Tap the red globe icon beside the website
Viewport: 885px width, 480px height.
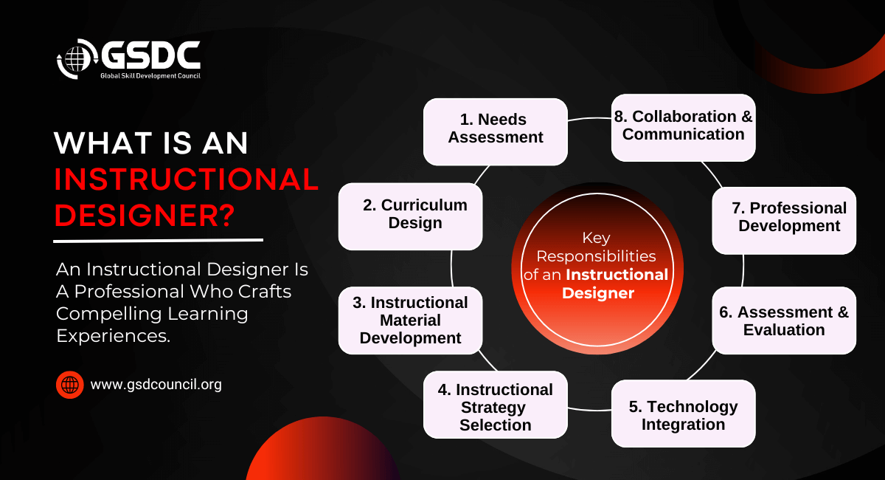[70, 385]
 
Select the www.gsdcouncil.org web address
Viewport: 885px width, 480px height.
[156, 385]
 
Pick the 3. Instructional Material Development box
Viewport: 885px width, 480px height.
[410, 320]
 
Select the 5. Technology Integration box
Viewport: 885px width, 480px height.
[683, 414]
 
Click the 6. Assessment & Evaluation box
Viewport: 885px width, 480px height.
[784, 320]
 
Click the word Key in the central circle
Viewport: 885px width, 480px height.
[597, 238]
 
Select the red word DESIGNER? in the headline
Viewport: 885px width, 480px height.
[145, 215]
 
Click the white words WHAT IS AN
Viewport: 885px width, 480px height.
[152, 143]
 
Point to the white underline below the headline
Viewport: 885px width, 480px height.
[159, 240]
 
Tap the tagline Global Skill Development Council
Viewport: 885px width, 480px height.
[150, 75]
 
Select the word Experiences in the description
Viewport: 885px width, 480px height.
[111, 335]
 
